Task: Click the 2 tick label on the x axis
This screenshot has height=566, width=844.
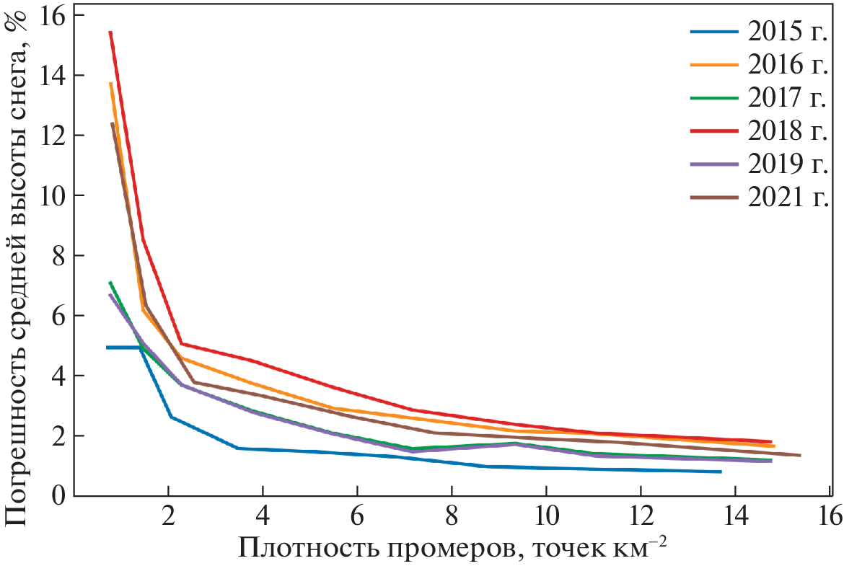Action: tap(168, 517)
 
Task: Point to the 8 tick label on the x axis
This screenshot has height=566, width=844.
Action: tap(452, 517)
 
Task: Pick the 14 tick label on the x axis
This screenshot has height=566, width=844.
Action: tap(734, 517)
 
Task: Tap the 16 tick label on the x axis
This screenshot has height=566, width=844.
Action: tap(829, 517)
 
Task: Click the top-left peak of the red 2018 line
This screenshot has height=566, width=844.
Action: tap(110, 32)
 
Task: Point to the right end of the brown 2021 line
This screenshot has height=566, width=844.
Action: tap(800, 455)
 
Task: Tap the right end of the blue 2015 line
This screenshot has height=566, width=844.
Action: tap(720, 472)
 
